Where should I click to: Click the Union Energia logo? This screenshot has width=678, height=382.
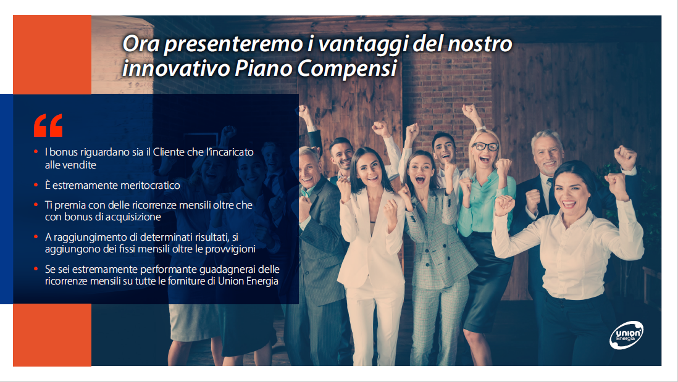click(x=627, y=334)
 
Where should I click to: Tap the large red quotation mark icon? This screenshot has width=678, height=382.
click(x=48, y=125)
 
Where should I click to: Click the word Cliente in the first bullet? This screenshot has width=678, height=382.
click(x=169, y=152)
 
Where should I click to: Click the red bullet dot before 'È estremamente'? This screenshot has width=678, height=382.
click(x=36, y=185)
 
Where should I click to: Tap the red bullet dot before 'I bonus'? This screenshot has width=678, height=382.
click(x=36, y=152)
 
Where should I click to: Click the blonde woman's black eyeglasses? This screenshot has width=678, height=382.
click(x=485, y=146)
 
